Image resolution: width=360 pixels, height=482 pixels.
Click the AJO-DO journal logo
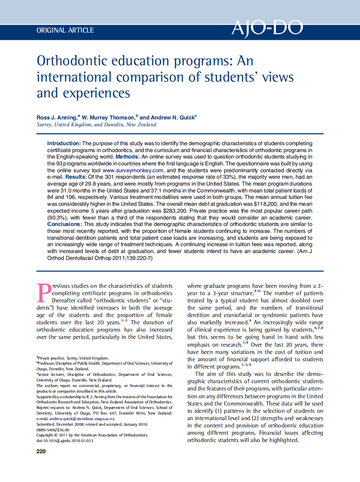pos(267,28)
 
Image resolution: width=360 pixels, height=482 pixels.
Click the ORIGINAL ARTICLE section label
pos(65,31)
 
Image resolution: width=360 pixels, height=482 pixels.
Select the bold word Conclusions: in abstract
pos(64,224)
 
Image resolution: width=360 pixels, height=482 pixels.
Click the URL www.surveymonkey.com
pos(133,171)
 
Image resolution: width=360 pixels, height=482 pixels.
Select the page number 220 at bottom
pos(41,451)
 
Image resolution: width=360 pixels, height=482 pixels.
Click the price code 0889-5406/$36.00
pos(53,430)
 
